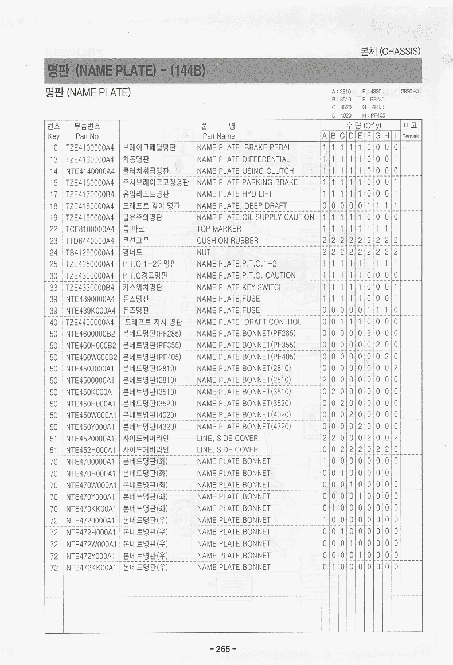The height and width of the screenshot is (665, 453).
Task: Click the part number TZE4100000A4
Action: click(x=90, y=147)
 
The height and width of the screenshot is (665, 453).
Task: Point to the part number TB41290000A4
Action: click(x=90, y=252)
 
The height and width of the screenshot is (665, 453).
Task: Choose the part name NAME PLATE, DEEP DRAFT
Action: click(x=241, y=206)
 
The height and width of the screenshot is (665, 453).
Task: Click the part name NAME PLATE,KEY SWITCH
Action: click(x=240, y=287)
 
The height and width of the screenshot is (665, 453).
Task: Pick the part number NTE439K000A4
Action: click(x=90, y=310)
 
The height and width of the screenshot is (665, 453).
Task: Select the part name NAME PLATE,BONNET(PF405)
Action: click(x=246, y=357)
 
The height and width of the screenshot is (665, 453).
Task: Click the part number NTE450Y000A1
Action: click(x=91, y=427)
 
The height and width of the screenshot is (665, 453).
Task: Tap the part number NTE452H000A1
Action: click(x=91, y=450)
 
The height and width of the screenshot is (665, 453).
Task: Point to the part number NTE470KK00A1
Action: click(x=91, y=508)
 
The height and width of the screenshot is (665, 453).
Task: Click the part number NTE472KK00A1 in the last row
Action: click(x=91, y=567)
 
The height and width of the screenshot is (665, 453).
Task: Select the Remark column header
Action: click(x=411, y=136)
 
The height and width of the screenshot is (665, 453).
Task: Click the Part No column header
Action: click(x=87, y=136)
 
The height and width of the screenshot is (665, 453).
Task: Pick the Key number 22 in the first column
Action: click(x=53, y=229)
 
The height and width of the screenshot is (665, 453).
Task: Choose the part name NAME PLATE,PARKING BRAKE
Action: click(x=247, y=182)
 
